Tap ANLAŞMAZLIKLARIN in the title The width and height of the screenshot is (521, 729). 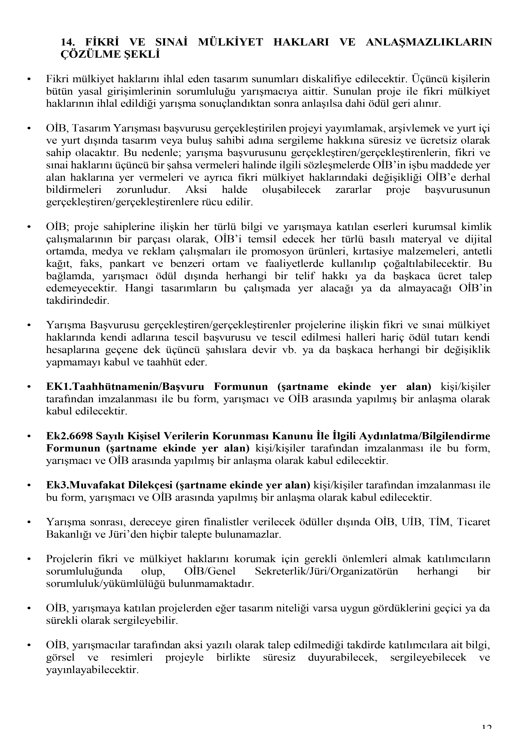(429, 42)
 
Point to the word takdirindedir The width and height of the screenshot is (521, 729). (78, 301)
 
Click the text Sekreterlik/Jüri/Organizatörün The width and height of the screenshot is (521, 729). (326, 571)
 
